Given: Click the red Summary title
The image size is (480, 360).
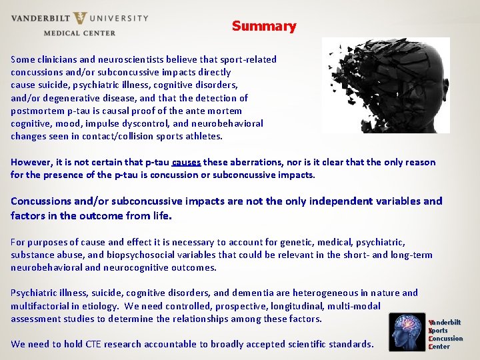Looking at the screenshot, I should pyautogui.click(x=264, y=27).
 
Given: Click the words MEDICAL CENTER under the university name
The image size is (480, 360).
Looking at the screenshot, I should pyautogui.click(x=79, y=33).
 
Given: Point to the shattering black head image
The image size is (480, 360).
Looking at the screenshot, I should pyautogui.click(x=385, y=85).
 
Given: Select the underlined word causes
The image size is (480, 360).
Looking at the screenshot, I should pyautogui.click(x=186, y=162).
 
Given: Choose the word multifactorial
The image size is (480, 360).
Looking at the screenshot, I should pyautogui.click(x=40, y=305).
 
